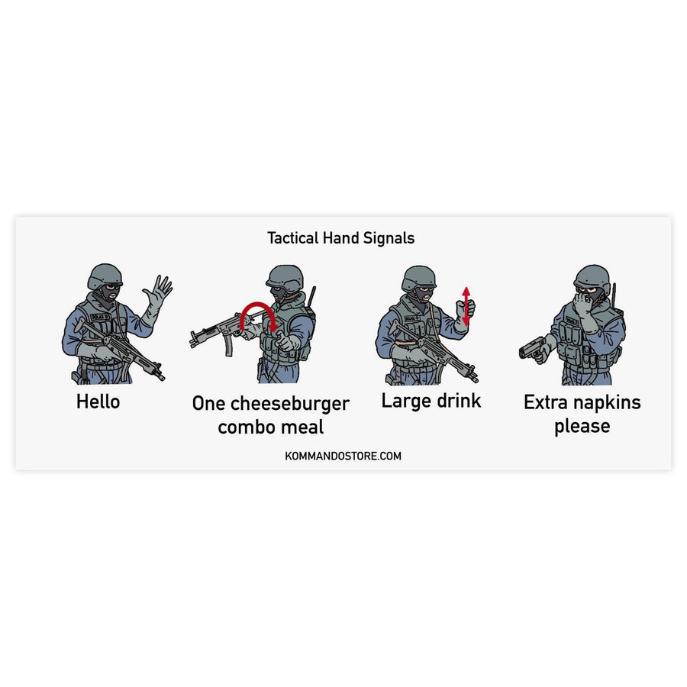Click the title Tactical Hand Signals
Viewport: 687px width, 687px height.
coord(340,238)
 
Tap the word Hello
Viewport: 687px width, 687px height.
coord(98,402)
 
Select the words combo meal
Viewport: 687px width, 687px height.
coord(270,427)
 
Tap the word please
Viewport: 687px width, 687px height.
coord(582,427)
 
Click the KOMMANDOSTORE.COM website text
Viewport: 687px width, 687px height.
coord(342,456)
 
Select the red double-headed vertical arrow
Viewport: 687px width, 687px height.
coord(466,305)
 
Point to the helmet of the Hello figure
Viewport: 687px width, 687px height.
coord(105,276)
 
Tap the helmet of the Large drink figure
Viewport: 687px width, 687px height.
coord(418,277)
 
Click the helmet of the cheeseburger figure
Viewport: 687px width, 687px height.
coord(285,276)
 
